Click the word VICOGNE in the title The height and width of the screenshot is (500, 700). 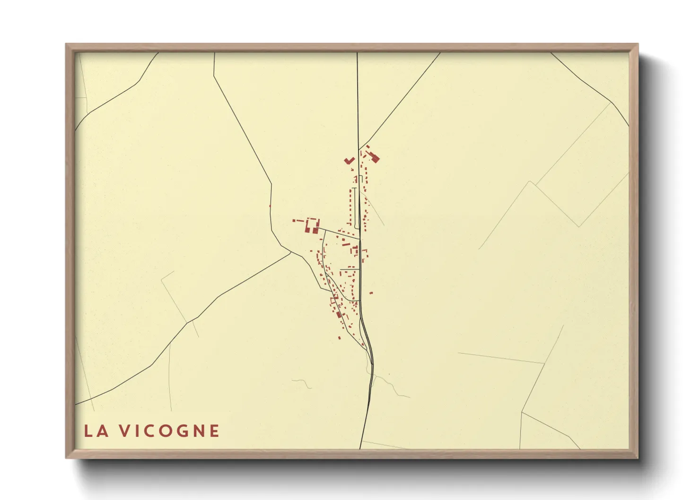[169, 431]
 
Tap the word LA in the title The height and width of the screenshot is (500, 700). [96, 431]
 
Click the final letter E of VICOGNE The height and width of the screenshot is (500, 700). [215, 431]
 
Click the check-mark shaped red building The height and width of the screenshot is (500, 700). [349, 161]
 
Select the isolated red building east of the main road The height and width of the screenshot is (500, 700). [371, 293]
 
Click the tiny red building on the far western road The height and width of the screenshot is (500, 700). [270, 206]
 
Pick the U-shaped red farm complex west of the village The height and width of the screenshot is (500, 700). [312, 225]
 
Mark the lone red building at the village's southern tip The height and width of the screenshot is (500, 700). [339, 337]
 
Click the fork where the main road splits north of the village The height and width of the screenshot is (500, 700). [359, 149]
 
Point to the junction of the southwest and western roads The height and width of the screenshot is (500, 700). [290, 252]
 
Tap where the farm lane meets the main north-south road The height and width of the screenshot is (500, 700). [359, 238]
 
